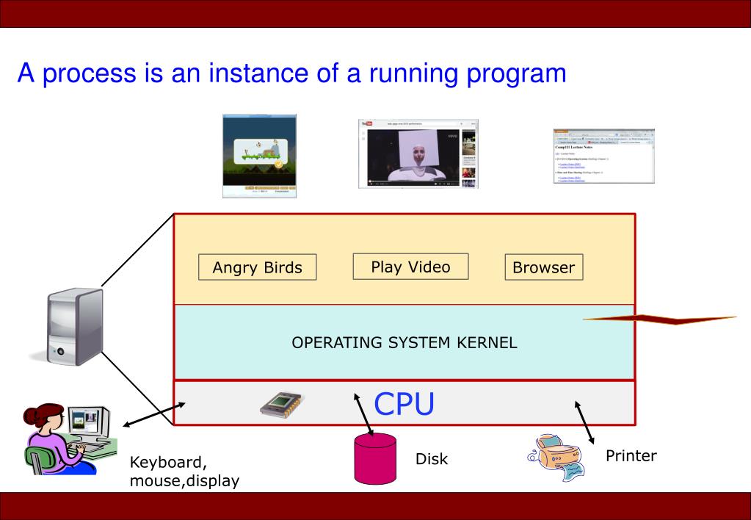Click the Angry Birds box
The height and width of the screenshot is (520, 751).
(257, 267)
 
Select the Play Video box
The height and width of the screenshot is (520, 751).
(410, 267)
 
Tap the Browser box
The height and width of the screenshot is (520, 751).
(543, 267)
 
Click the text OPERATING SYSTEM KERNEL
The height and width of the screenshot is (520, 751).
(404, 342)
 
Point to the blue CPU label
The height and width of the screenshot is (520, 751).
(404, 403)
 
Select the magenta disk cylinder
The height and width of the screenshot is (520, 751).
(375, 459)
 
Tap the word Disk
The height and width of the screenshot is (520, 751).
(432, 459)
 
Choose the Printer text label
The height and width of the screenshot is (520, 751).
(631, 455)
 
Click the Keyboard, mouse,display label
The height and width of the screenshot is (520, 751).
(184, 472)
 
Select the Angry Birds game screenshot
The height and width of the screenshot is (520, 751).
(260, 156)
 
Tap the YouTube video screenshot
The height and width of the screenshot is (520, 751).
(418, 154)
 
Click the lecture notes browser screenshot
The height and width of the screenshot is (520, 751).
(603, 156)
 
